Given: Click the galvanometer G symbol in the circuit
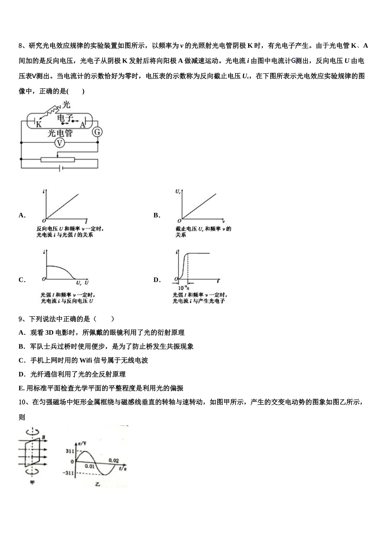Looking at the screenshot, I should point(97,132).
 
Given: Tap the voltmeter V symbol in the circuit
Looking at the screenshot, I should point(60,143).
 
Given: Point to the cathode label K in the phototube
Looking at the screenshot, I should point(39,125).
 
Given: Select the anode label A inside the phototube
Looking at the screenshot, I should point(82,125).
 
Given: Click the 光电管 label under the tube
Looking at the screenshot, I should point(60,133).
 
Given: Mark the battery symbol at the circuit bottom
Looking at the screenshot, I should point(60,168).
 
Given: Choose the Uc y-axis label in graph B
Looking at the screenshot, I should point(178,191).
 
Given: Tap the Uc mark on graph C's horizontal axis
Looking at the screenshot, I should point(79,282).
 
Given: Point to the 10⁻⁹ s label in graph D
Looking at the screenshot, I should point(184,287).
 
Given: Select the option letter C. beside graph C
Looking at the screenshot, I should point(22,280).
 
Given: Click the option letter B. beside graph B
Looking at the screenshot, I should point(157,215).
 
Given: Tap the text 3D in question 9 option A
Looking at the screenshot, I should point(49,333).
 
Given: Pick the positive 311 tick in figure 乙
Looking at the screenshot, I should point(70,451).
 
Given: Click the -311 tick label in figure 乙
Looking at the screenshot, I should point(68,473).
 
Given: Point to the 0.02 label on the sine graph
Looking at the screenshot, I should point(114,460).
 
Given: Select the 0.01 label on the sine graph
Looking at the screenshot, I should point(90,466).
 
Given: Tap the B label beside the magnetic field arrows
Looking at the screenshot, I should point(43,438).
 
